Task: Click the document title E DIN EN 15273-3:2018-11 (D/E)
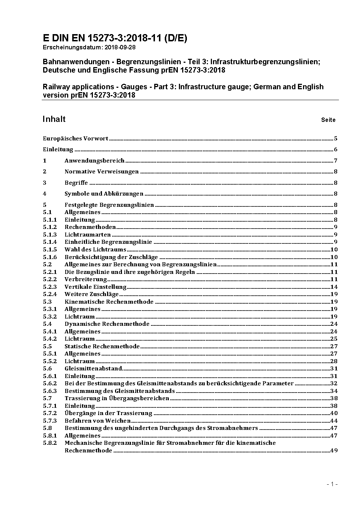point(115,38)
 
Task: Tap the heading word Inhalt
point(54,119)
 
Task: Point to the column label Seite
point(328,120)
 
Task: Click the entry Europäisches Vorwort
point(75,139)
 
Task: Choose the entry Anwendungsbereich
point(94,161)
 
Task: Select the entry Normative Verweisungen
point(102,172)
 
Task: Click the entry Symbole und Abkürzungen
point(104,194)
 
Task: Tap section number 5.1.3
point(50,235)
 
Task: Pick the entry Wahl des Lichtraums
point(95,250)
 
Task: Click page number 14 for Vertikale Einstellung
point(334,287)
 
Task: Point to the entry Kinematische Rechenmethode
point(109,302)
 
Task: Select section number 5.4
point(47,324)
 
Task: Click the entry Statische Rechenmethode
point(102,346)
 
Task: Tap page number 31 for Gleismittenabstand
point(334,369)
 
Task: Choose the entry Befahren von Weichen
point(98,421)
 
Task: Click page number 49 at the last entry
point(334,451)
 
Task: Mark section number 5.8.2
point(50,443)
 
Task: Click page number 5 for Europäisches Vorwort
point(336,139)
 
